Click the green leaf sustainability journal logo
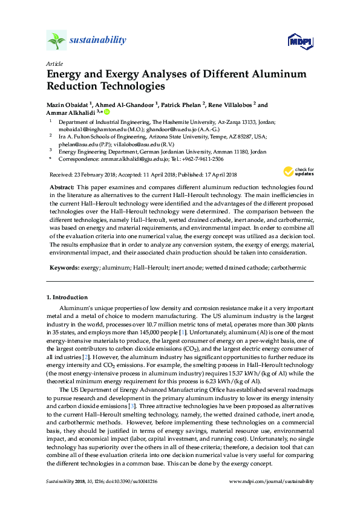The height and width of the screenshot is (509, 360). coord(56,41)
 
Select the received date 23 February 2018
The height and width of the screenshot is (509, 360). coord(92,173)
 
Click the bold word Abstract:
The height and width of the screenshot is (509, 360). coord(62,189)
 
